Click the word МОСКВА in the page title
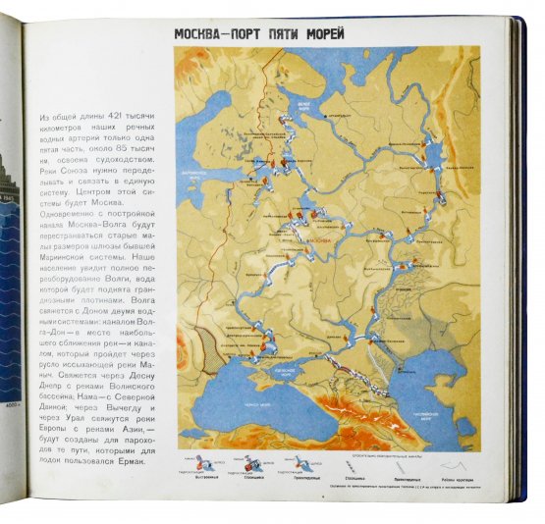[207, 33]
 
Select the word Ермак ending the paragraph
[126, 461]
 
